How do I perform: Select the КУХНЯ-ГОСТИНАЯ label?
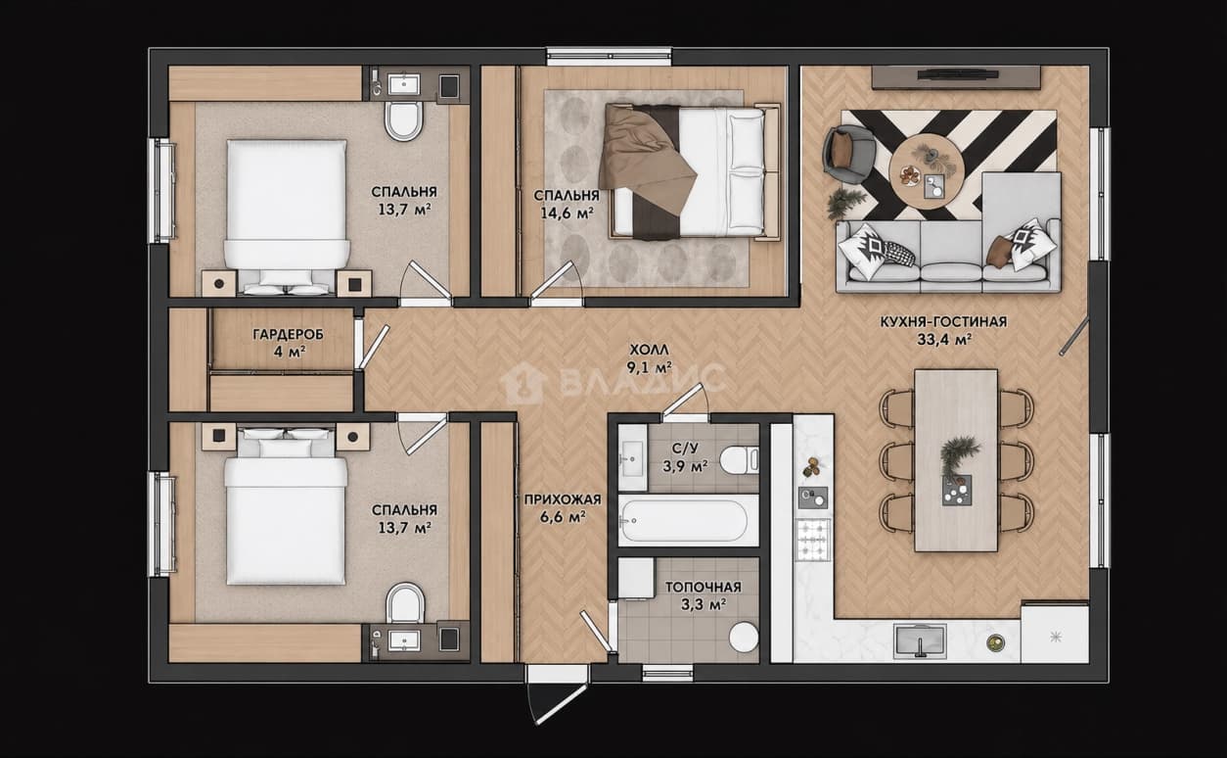943,322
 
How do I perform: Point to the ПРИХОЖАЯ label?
563,499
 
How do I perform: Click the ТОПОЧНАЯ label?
704,587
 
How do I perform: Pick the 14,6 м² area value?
567,213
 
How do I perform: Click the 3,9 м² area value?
685,466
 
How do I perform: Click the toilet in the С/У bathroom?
739,460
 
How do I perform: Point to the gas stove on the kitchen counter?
813,541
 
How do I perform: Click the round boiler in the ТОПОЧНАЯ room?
744,637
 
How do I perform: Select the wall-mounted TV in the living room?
956,74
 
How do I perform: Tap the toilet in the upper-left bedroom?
404,120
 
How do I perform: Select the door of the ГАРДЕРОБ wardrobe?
374,347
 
